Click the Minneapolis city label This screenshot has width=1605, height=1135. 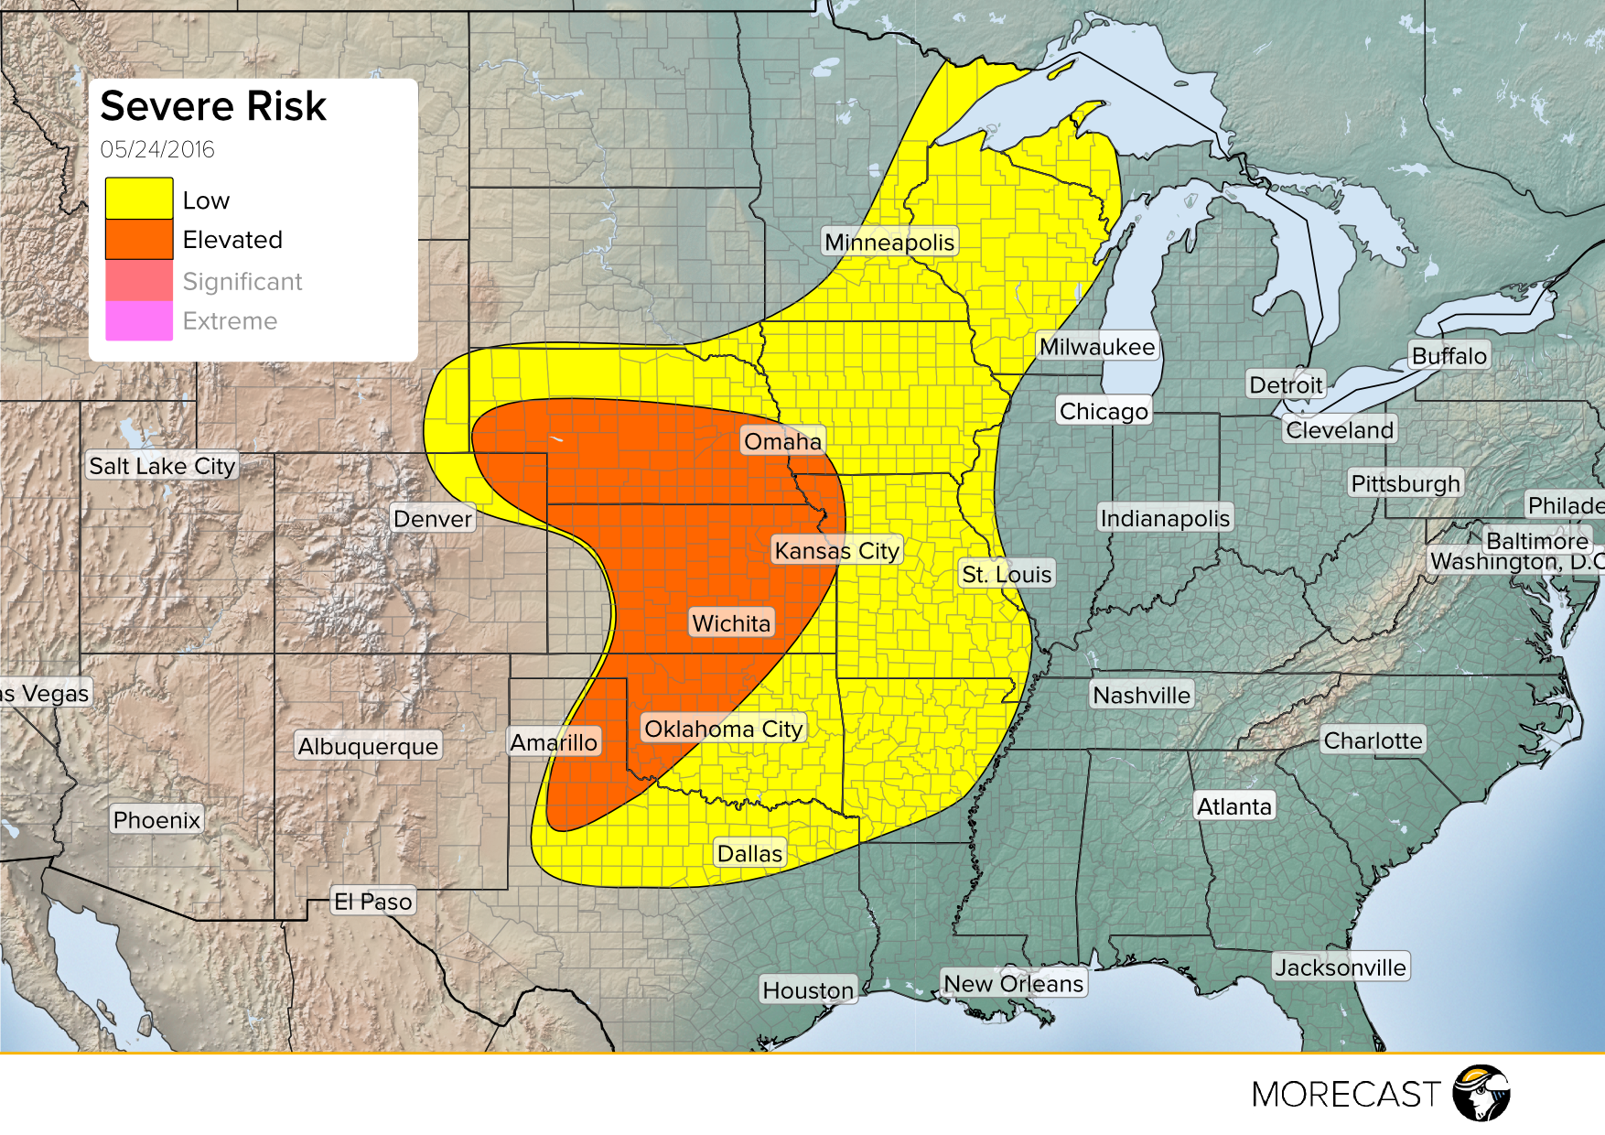click(889, 243)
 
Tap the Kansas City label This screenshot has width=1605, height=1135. click(836, 550)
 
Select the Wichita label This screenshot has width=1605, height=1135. click(731, 623)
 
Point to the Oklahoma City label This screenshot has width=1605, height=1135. click(723, 729)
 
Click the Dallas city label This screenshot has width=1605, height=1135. click(749, 853)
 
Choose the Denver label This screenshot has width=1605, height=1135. click(433, 519)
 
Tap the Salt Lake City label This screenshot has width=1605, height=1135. click(162, 466)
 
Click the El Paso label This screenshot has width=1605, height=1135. click(372, 902)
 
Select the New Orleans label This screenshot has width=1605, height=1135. click(1013, 983)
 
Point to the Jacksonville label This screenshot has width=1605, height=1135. click(1341, 967)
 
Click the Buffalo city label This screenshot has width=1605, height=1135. click(1449, 355)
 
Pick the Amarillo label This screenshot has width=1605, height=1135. click(554, 741)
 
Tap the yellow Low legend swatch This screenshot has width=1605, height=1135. click(139, 199)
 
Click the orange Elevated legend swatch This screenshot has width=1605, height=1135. click(139, 239)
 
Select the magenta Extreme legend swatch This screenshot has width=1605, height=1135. click(139, 320)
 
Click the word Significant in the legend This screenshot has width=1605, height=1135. click(242, 281)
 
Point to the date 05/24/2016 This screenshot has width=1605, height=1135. click(157, 149)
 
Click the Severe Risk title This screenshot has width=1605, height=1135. click(213, 106)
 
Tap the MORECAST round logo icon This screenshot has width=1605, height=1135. click(1481, 1093)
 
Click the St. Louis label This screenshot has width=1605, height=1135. click(1007, 574)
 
